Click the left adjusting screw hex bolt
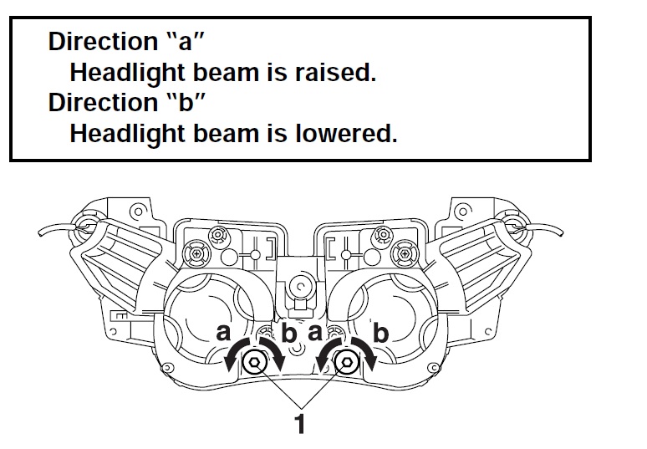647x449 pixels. [256, 361]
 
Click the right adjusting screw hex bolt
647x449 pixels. [344, 361]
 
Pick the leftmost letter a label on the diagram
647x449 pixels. [223, 332]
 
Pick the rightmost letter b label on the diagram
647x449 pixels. [382, 334]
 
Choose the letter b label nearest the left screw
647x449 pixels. [289, 334]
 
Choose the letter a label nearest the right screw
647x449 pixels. [314, 332]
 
